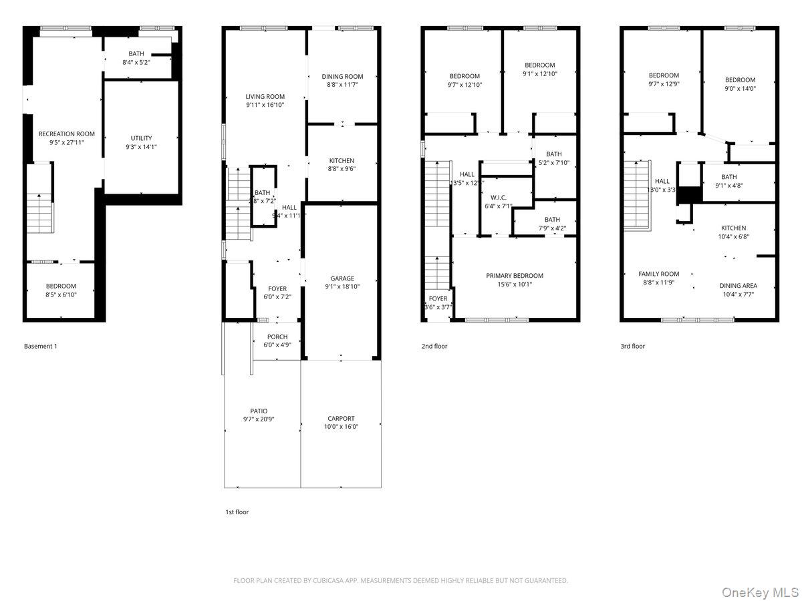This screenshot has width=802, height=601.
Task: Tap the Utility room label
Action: click(141, 138)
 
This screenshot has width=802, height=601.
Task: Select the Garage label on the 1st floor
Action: click(342, 278)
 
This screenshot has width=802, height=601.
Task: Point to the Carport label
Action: click(341, 419)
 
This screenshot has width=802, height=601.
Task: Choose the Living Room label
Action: click(265, 96)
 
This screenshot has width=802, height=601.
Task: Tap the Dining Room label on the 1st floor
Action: click(342, 76)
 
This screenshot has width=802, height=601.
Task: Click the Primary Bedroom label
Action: click(515, 275)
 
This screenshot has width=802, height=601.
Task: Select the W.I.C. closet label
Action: click(499, 197)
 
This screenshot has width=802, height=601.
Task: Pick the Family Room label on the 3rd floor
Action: click(659, 274)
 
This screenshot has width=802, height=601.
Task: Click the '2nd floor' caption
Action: click(434, 347)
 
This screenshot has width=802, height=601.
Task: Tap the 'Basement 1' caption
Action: click(41, 347)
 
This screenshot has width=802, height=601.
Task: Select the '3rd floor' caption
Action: click(633, 347)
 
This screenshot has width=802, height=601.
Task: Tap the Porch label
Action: click(277, 337)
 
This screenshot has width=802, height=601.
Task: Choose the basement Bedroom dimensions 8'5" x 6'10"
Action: click(61, 294)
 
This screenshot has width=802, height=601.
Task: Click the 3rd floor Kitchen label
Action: click(733, 228)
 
